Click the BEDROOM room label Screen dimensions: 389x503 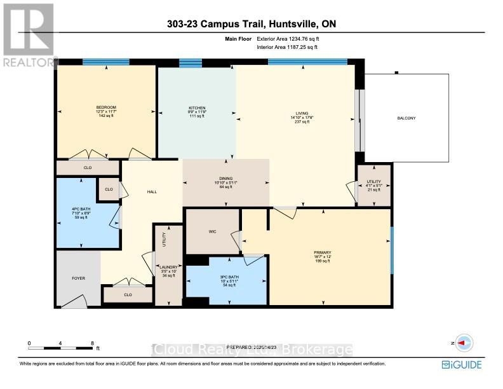(x=106, y=107)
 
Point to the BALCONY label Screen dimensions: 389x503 (x=406, y=118)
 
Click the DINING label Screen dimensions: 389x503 (x=226, y=179)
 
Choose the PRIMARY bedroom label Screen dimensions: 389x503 (x=322, y=252)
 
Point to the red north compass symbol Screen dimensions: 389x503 (x=462, y=343)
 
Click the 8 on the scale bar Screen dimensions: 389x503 (x=92, y=343)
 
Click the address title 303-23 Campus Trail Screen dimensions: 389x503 (x=251, y=24)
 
